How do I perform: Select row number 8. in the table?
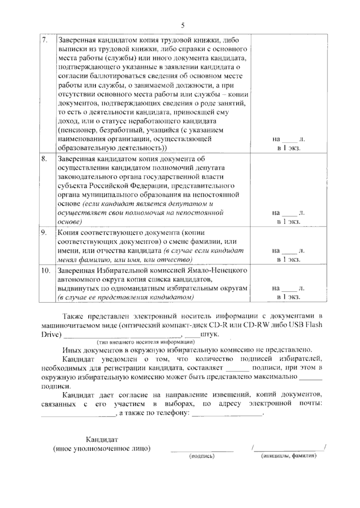tap(44, 159)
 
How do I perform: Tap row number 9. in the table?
tap(44, 233)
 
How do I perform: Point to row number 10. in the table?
tap(46, 271)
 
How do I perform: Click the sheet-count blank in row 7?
tap(289, 140)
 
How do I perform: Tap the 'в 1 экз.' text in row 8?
tap(289, 222)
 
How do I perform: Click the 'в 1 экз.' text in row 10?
tap(289, 297)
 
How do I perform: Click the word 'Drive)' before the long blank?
tap(52, 334)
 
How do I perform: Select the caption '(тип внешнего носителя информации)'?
tap(145, 342)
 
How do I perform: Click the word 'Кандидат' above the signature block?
tap(102, 440)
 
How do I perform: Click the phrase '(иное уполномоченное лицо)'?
tap(102, 449)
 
